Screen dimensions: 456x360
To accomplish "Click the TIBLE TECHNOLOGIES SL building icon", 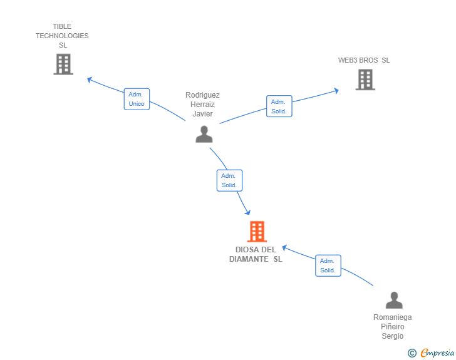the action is click(63, 64).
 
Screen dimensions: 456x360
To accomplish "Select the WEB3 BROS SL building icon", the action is click(365, 80).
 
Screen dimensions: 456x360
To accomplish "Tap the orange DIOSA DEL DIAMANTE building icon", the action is click(257, 232).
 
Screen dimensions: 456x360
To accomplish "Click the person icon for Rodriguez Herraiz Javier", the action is click(204, 134).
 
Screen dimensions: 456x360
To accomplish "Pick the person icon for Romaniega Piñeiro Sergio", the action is click(394, 300).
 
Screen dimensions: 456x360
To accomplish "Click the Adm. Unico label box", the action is click(137, 99).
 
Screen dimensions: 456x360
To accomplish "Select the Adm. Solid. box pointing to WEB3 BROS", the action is click(279, 106).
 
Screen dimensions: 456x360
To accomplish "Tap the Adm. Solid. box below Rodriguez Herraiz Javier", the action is click(229, 180).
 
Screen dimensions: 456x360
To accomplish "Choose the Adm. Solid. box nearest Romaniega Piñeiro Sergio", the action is click(328, 265).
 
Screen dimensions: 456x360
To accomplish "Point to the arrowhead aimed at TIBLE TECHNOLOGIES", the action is click(90, 80).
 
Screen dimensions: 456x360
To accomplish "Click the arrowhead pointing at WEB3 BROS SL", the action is click(336, 91).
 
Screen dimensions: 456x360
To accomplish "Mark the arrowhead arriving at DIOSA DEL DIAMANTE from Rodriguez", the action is click(247, 213).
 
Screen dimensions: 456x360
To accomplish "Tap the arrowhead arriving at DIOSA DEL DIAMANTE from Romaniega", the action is click(285, 248).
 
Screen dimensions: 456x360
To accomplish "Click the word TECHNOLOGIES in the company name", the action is click(62, 36).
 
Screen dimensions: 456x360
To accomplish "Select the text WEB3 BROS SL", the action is click(364, 60).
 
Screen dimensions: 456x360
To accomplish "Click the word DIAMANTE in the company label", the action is click(249, 259).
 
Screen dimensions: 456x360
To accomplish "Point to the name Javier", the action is click(203, 114).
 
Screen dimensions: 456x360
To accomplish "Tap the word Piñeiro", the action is click(393, 327).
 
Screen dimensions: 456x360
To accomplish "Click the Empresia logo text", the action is click(437, 352).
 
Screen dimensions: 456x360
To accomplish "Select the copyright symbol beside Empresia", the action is click(412, 353).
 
